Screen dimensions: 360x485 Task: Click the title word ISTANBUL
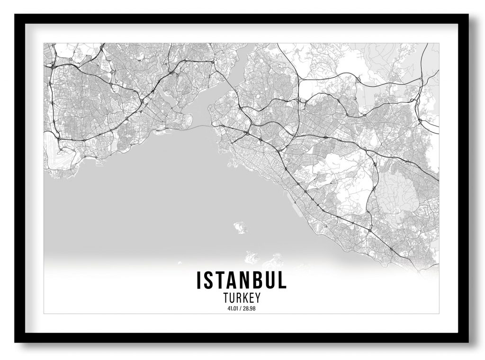(242, 280)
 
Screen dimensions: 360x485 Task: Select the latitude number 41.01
(233, 309)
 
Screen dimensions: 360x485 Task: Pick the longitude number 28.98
(250, 309)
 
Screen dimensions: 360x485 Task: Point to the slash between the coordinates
(242, 309)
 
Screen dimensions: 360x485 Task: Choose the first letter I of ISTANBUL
(199, 280)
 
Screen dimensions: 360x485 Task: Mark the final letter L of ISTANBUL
(282, 280)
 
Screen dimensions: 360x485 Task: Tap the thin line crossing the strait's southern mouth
(201, 126)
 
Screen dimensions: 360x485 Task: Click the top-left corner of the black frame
(16, 15)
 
